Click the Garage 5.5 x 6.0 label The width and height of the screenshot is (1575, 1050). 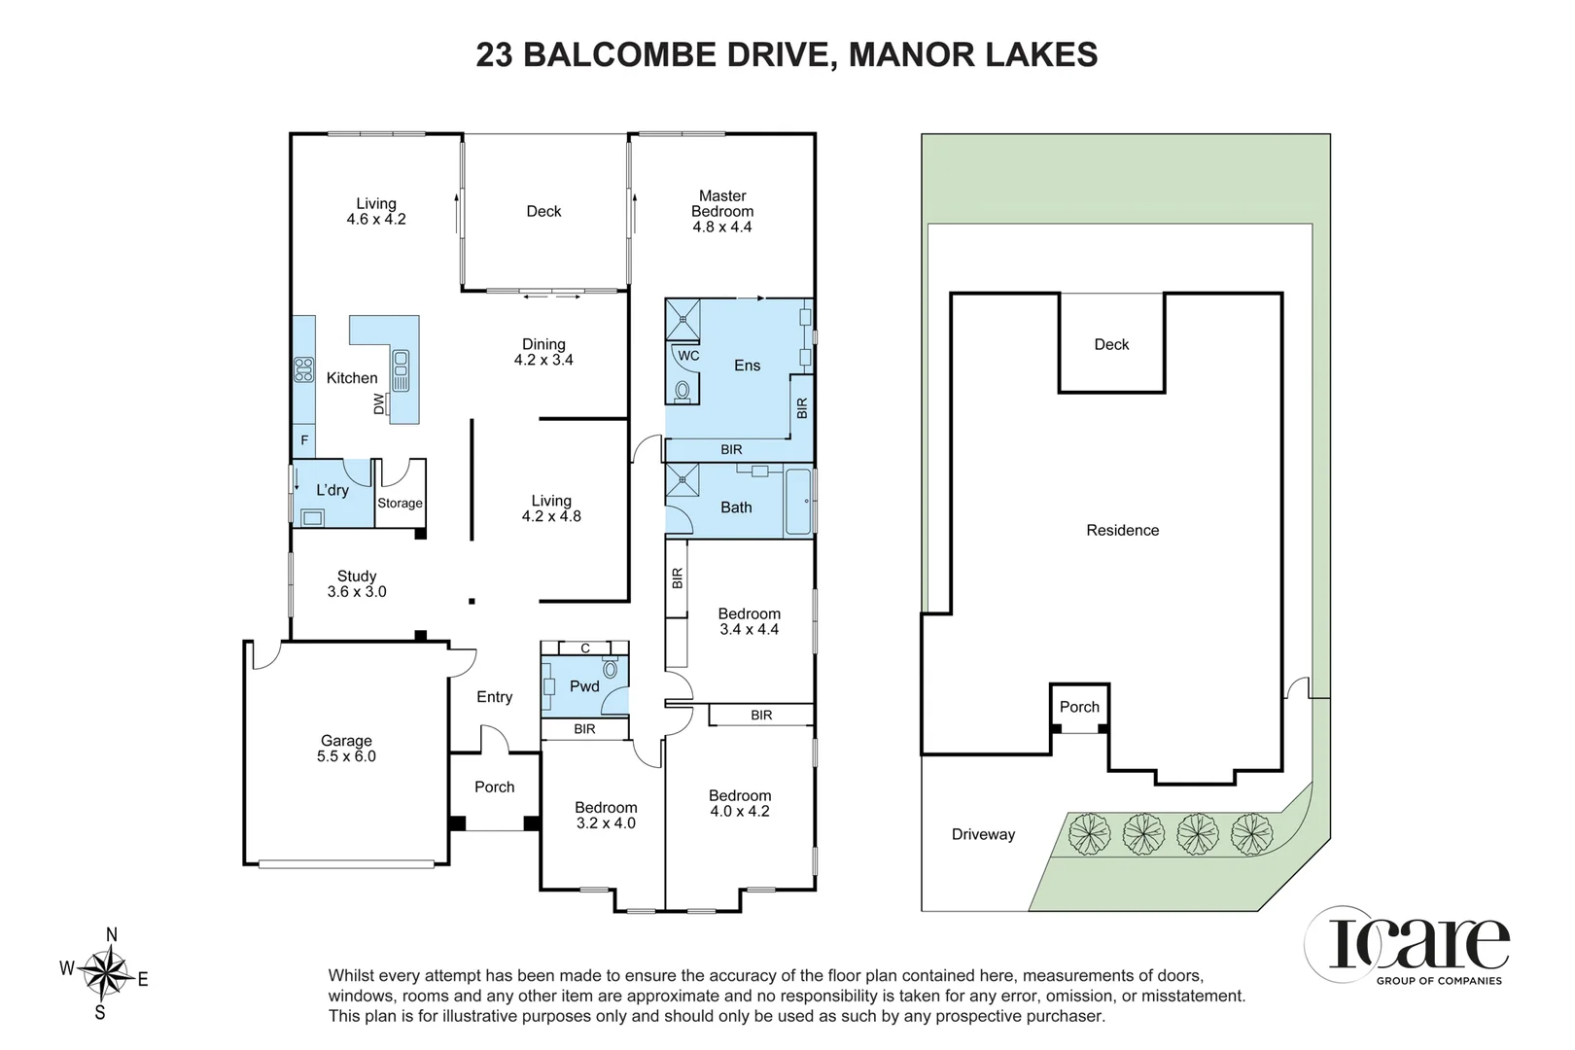[346, 749]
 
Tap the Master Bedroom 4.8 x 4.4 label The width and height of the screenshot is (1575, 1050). [722, 211]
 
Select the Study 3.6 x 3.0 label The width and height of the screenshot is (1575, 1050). [357, 583]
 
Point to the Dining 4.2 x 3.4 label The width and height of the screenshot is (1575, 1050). [543, 352]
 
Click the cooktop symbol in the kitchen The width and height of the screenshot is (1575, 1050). [303, 369]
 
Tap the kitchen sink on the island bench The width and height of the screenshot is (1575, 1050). [401, 369]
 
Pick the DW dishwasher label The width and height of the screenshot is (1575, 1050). [379, 403]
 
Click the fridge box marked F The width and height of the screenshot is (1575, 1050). [303, 441]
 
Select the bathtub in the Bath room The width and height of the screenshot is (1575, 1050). [798, 501]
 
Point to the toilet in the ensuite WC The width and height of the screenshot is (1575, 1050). [682, 390]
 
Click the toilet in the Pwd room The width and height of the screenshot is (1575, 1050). [610, 668]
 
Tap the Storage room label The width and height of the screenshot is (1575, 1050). [400, 503]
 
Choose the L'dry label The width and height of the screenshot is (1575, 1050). [332, 489]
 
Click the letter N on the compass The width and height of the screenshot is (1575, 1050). [111, 934]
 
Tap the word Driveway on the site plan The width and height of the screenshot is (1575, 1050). [983, 834]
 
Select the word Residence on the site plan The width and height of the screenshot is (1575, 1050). [1122, 530]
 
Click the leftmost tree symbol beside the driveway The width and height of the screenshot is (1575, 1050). [1089, 834]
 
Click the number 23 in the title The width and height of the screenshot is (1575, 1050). [494, 54]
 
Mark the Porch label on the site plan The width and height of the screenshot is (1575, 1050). [1079, 707]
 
